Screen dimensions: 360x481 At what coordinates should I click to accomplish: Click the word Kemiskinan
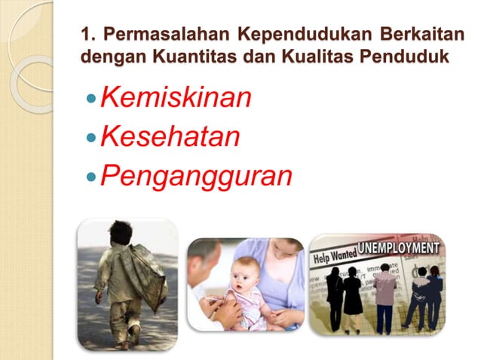[x=175, y=98]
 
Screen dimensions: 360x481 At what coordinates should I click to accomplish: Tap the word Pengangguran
[x=196, y=175]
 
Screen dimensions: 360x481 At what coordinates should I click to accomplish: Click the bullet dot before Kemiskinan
[x=92, y=99]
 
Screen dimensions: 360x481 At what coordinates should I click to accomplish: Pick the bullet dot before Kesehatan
[x=92, y=139]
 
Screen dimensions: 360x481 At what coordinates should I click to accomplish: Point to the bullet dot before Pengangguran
[x=92, y=177]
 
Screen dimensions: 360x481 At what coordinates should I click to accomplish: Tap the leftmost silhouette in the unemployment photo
[x=333, y=294]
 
